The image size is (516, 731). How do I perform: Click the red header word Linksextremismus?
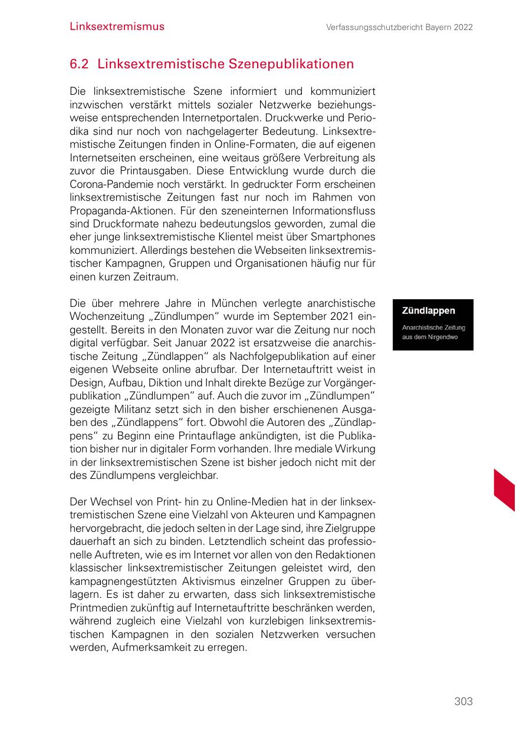pos(117,27)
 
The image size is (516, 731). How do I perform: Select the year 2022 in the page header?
pos(463,27)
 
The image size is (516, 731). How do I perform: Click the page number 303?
pos(464,701)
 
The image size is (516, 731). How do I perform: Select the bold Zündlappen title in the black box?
pos(429,310)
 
